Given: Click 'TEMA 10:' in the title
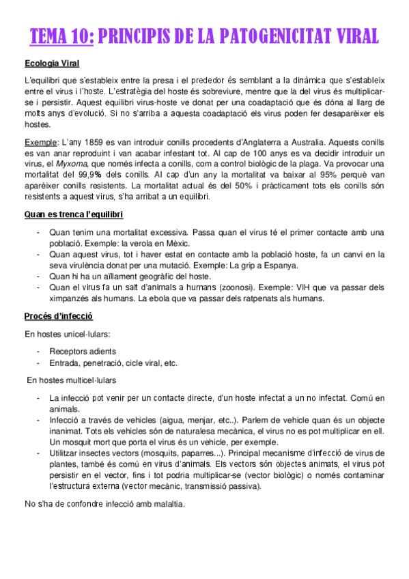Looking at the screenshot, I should click(x=62, y=36).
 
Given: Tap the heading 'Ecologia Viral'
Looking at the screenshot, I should click(x=52, y=64).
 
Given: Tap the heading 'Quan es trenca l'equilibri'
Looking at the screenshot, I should click(x=73, y=215).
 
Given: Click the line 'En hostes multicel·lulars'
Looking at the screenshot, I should click(x=72, y=380).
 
